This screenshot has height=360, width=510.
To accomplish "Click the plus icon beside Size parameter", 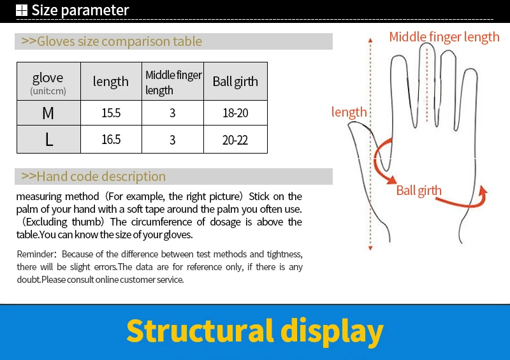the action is pos(22,10).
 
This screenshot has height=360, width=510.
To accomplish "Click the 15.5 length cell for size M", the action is pos(111,113).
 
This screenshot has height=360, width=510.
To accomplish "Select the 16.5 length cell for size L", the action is pos(111,140).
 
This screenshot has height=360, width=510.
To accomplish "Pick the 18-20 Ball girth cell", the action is pos(235,113).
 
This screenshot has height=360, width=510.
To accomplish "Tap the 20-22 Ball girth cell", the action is pos(235,140).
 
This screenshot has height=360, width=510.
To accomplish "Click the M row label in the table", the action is pos(48,113).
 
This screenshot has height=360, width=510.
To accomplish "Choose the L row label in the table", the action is pos(49,140).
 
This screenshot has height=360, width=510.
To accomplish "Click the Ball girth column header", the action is pos(235,82).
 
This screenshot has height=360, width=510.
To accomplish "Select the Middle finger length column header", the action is pos(173,82).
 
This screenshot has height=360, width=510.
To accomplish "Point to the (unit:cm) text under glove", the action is pos(48,91).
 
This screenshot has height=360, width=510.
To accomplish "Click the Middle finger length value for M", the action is pos(172,113).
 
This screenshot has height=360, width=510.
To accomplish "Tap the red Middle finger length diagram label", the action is pos(444,37).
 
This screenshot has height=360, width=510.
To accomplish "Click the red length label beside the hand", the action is pos(349,112).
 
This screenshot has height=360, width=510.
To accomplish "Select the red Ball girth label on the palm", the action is pos(419,191).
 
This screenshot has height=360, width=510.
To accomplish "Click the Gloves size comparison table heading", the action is pos(112,41).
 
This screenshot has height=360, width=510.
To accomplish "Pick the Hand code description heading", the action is pos(93,176).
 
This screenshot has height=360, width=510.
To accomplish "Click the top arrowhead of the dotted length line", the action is pos(370,40).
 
